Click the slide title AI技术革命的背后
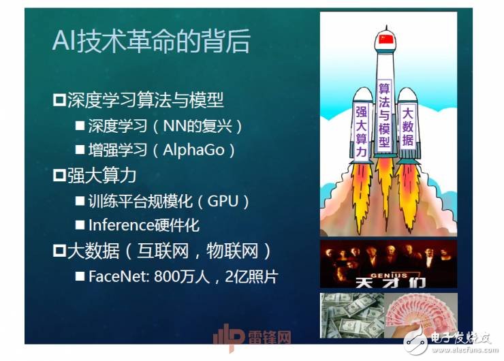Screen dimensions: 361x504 (151, 42)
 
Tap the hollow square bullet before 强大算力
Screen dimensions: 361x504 (59, 176)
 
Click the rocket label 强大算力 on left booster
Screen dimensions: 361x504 (361, 131)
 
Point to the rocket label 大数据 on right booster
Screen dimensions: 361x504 (408, 127)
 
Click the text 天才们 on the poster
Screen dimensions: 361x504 (389, 276)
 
